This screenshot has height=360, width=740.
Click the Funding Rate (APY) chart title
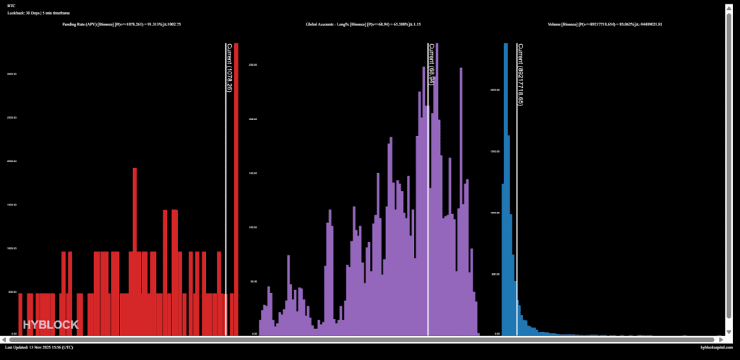[122, 25]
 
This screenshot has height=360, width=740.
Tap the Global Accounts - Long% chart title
[369, 25]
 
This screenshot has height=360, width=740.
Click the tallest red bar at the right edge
[236, 188]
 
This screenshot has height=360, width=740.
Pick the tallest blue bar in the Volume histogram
[506, 188]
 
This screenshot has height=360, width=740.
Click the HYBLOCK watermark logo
[51, 325]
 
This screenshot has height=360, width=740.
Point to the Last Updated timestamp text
[39, 348]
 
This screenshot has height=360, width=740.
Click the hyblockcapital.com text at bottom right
[716, 348]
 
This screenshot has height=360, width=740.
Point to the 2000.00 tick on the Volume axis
[494, 90]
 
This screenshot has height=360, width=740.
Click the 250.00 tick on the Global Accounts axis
[253, 65]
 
